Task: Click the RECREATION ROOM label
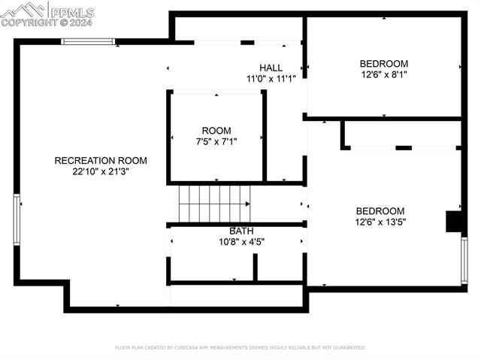[100, 160]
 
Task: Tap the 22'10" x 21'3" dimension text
[100, 171]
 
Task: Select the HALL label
[271, 68]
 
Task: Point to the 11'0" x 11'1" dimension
[271, 79]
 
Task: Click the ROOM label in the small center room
[216, 131]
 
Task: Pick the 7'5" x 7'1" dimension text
[216, 141]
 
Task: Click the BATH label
[241, 231]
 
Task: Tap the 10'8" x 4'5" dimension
[241, 242]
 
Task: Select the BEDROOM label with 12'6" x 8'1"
[383, 64]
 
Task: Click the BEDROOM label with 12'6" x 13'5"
[380, 211]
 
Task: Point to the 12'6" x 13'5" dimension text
[380, 222]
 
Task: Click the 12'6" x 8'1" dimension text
[383, 75]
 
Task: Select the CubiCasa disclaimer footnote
[240, 348]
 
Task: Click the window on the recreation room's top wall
[88, 41]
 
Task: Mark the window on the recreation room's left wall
[17, 219]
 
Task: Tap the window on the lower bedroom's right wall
[464, 260]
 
